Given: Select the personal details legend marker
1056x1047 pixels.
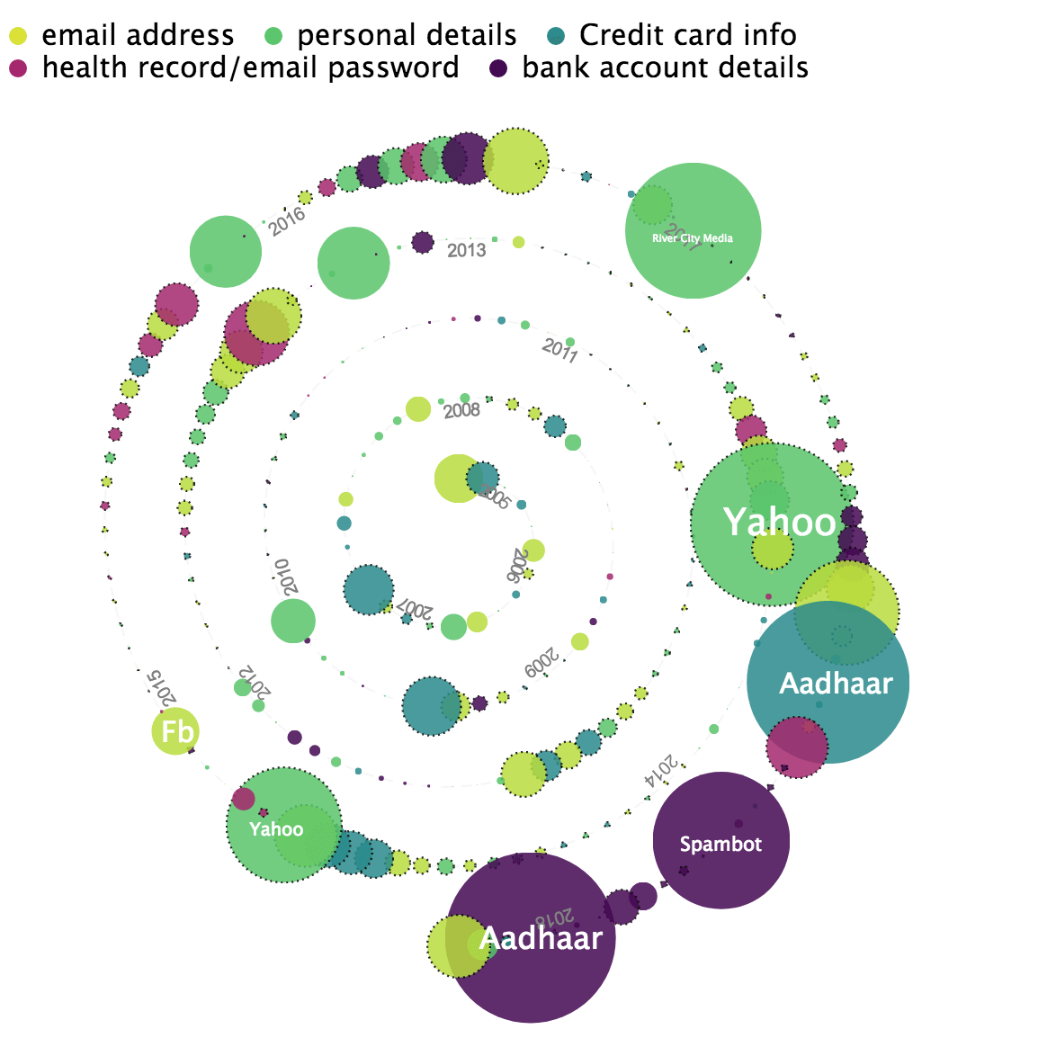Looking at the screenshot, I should tap(273, 36).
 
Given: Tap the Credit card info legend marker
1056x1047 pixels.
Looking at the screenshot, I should tap(556, 36).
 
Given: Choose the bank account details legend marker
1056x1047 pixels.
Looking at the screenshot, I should tap(498, 68).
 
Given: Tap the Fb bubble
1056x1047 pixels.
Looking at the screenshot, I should tap(176, 731).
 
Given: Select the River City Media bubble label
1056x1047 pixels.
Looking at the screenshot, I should tap(693, 238).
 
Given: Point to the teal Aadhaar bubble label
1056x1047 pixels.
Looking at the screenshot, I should tap(836, 684).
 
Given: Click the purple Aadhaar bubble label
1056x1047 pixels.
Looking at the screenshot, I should tap(541, 938).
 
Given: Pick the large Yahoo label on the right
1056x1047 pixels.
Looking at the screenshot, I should tap(779, 523).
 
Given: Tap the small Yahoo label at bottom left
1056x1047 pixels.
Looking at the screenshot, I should tap(276, 828).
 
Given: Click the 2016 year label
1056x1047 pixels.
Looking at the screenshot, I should tap(288, 221).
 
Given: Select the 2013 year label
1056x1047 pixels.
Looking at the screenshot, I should tap(467, 250).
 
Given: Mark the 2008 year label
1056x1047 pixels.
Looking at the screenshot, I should tap(462, 411).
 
